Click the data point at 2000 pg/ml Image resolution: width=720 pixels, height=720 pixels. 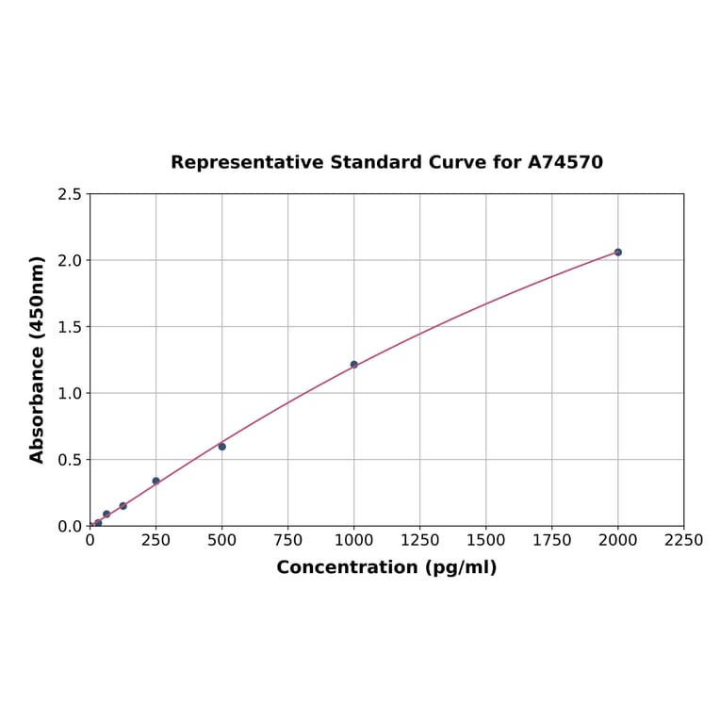coord(618,253)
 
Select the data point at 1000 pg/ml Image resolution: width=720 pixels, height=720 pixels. coord(354,365)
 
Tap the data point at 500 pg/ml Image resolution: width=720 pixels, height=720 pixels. coord(222,447)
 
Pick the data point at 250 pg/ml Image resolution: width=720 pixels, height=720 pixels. coord(156,481)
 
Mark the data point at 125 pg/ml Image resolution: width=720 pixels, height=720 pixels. coord(123,506)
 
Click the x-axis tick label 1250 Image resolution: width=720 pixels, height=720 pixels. coord(420,540)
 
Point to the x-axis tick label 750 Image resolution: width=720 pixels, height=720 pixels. coord(288,540)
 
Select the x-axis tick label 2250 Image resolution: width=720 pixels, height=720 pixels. coord(684,540)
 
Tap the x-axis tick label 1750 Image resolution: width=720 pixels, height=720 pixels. coord(552,540)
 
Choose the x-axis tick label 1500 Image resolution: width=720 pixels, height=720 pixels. coord(486,540)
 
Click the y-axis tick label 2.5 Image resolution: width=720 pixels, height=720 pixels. coord(70,194)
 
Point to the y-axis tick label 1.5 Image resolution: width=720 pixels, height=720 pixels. coord(70,327)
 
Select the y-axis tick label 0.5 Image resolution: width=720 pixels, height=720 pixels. coord(70,460)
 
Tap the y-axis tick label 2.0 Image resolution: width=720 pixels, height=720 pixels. coord(70,260)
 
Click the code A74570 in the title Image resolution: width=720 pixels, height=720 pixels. coord(565,162)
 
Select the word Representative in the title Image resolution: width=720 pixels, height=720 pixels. coord(247,162)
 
